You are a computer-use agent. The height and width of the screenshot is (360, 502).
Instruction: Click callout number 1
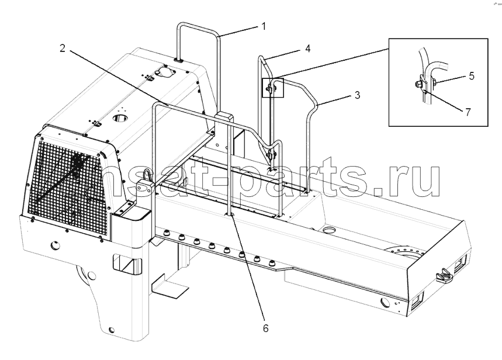pos(264,26)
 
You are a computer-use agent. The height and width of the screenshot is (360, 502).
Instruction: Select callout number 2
pos(63,48)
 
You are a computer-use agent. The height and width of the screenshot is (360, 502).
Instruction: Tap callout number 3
pos(357,95)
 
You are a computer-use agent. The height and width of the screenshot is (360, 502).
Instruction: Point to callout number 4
pos(307,49)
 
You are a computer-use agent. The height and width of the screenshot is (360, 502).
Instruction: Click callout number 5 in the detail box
pos(471,76)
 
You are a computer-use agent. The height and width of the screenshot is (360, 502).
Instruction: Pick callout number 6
pos(266,328)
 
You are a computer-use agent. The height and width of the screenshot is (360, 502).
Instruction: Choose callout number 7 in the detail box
pos(468,112)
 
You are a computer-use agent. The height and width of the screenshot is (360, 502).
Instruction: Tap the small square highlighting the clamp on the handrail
pos(273,88)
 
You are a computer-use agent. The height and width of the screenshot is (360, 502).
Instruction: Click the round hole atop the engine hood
pos(120,117)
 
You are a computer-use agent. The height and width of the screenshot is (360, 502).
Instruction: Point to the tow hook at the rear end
pos(444,275)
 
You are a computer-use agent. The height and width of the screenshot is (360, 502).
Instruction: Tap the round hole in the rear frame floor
pos(330,230)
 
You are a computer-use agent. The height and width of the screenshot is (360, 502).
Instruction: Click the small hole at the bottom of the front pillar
pos(111,329)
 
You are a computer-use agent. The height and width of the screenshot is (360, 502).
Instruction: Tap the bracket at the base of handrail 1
pos(179,60)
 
